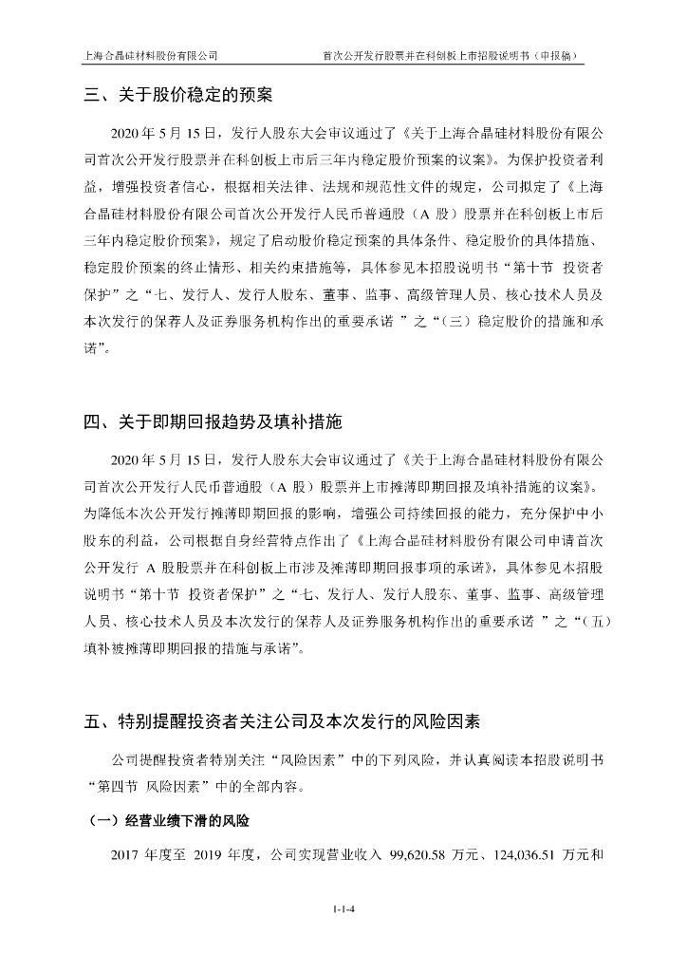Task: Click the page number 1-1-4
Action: [x=343, y=910]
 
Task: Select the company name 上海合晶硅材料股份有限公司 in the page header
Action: [x=152, y=55]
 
